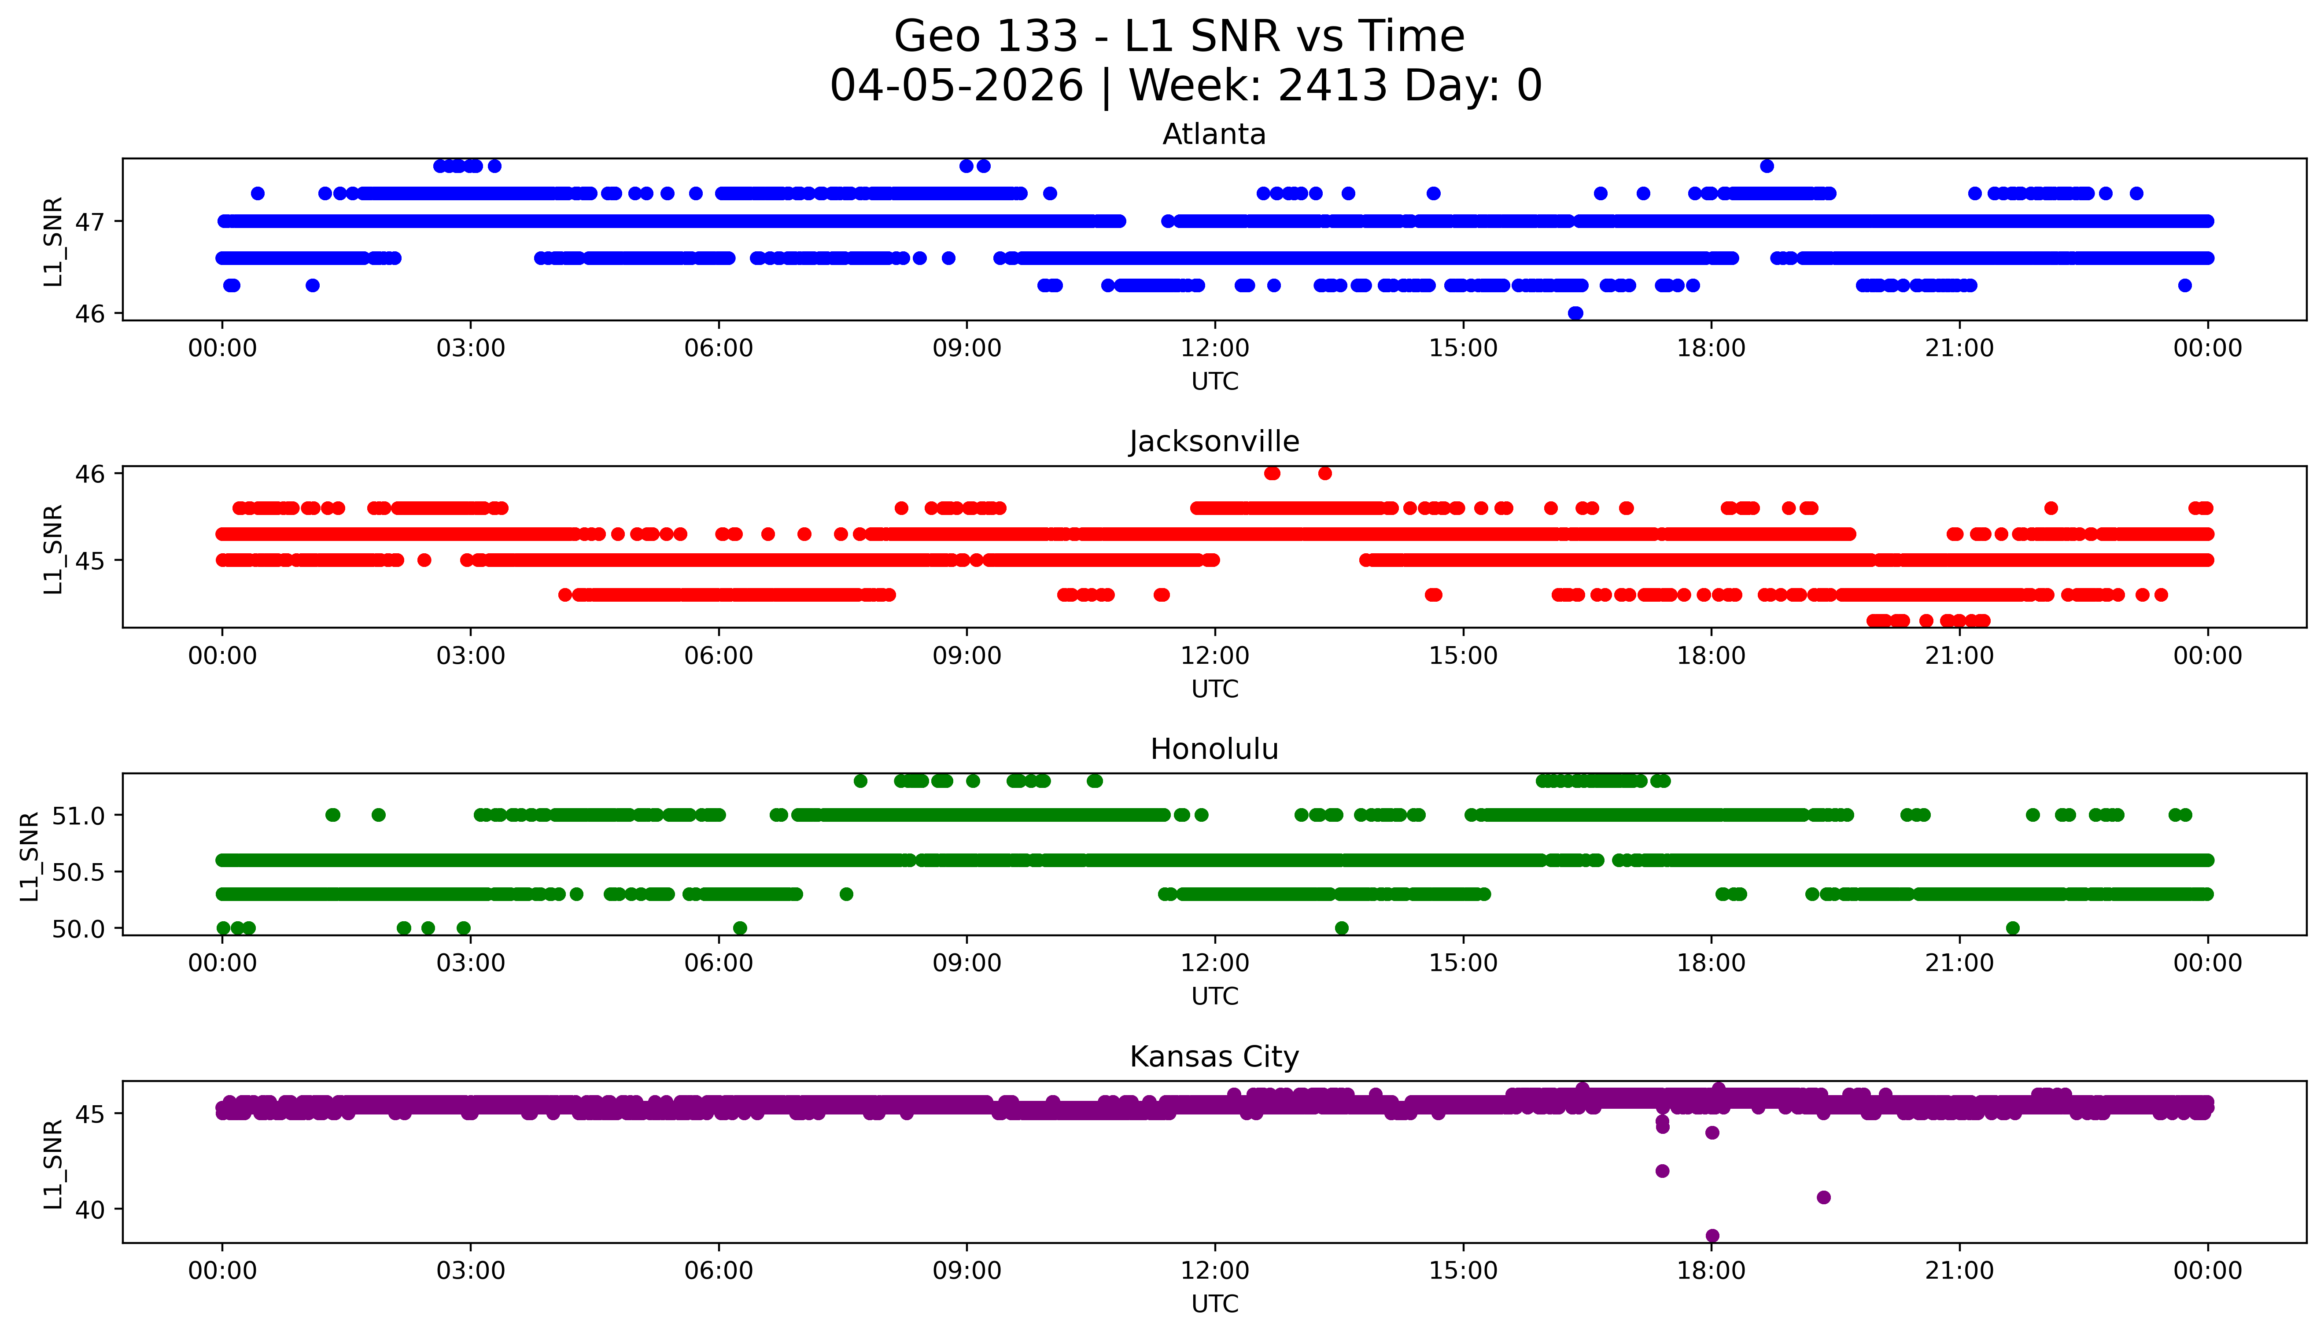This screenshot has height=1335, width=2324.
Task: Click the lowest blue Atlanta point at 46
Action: [x=1575, y=313]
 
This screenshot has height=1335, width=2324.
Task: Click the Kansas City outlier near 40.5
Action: [x=1823, y=1198]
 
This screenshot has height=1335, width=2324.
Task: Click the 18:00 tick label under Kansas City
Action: [x=1712, y=1271]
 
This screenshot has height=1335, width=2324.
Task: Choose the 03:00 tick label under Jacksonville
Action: [x=471, y=655]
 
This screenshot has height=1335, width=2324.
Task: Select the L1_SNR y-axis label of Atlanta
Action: [x=53, y=241]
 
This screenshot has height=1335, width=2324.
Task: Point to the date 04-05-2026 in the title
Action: [x=956, y=86]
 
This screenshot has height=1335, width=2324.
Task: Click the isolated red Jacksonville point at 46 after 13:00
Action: [x=1324, y=473]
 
